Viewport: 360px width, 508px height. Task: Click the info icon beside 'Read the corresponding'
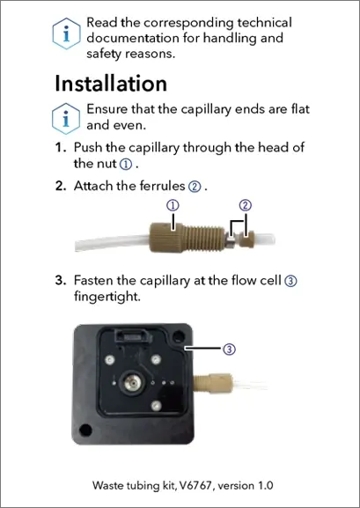tap(66, 33)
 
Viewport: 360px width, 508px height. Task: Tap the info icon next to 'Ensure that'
tap(66, 119)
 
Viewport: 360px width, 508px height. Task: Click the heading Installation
tap(111, 84)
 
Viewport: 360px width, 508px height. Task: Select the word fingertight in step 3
tap(107, 297)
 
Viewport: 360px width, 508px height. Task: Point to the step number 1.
tap(61, 147)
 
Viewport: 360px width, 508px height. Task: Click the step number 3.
tap(61, 280)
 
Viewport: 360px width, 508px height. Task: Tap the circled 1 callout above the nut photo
tap(173, 205)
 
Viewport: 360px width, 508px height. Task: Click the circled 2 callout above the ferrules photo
tap(246, 205)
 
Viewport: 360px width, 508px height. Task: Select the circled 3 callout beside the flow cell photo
tap(229, 349)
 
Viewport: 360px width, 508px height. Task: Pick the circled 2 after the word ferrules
tap(195, 187)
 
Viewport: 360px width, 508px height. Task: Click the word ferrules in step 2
tap(162, 186)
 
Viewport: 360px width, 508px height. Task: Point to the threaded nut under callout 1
tap(187, 238)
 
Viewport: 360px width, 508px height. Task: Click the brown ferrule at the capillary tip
tap(246, 240)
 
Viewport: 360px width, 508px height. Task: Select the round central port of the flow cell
tap(131, 383)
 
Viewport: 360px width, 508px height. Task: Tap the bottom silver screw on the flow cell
tap(156, 405)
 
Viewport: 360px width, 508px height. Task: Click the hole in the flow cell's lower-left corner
tap(85, 430)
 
